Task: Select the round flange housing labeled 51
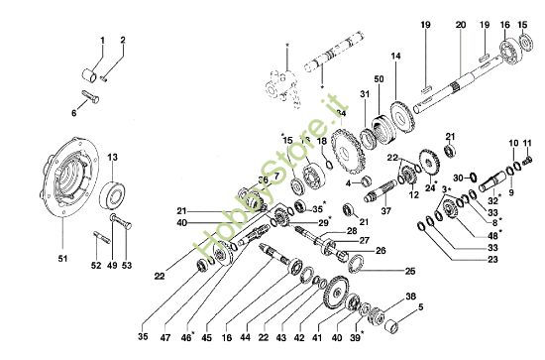pyautogui.click(x=71, y=184)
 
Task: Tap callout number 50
pyautogui.click(x=378, y=78)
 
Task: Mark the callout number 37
pyautogui.click(x=387, y=211)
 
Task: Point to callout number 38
pyautogui.click(x=410, y=297)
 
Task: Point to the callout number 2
pyautogui.click(x=122, y=40)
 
